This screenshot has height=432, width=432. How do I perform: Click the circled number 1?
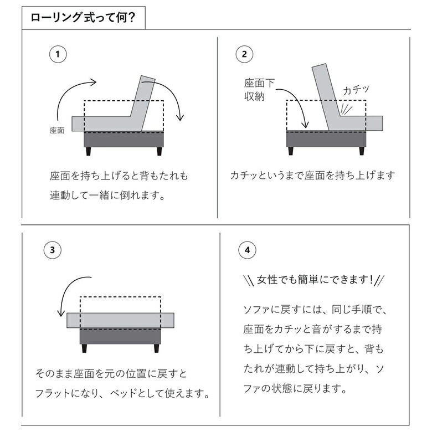[58, 54]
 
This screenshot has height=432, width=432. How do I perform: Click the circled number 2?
[244, 54]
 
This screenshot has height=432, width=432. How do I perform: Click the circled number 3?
[52, 250]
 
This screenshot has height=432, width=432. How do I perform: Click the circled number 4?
[247, 250]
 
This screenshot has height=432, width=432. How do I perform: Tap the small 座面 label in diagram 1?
[58, 131]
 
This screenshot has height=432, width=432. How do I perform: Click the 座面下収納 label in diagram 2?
[259, 90]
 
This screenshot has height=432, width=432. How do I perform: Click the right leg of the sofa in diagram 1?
[159, 151]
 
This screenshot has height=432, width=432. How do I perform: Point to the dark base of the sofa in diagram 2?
[325, 138]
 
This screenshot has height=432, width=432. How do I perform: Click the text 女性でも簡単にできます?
[313, 280]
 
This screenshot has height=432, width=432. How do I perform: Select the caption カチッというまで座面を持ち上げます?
[313, 176]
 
